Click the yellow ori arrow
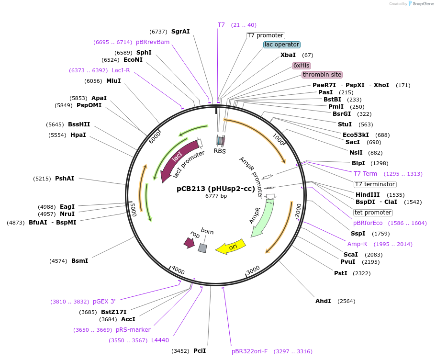tap(231, 247)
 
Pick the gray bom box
tap(202, 248)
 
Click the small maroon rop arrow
tap(189, 243)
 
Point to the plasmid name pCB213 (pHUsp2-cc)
tap(216, 189)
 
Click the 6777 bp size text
tap(216, 196)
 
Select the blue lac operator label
tap(282, 45)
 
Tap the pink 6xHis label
tap(301, 66)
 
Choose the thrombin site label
tap(322, 75)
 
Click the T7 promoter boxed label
tap(266, 35)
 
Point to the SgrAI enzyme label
tap(180, 32)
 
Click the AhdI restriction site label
tap(323, 301)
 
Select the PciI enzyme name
tap(200, 351)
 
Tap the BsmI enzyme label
tap(80, 261)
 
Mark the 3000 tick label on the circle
tap(253, 270)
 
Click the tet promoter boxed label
tap(373, 213)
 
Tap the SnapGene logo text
tap(423, 4)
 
